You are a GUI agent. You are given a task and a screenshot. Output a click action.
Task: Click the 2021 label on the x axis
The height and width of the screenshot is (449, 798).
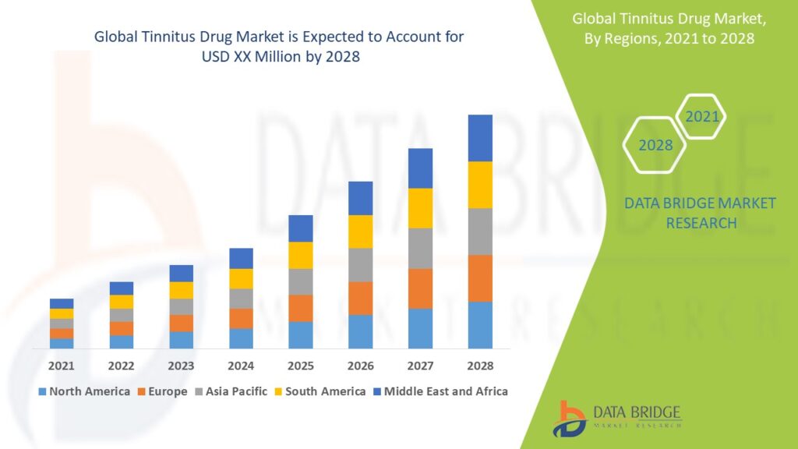coord(62,366)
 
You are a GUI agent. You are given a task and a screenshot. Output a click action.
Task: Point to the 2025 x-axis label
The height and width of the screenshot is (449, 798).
coord(301,366)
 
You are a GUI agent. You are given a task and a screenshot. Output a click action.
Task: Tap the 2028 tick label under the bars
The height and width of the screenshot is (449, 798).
coord(480,366)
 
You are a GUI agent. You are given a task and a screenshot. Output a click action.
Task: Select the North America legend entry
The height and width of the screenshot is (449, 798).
coord(83,391)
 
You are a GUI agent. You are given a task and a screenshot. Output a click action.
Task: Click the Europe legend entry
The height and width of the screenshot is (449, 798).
coord(162,391)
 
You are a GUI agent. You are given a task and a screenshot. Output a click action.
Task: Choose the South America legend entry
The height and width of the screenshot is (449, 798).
coord(320,391)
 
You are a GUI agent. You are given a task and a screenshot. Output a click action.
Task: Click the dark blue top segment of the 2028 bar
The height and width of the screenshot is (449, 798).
coord(480,138)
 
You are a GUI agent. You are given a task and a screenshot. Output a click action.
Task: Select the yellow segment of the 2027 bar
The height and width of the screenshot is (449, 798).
coord(420,208)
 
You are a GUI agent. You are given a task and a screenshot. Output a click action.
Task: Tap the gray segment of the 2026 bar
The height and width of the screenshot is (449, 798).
coord(360,265)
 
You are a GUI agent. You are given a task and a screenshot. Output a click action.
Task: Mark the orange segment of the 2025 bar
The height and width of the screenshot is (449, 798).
coord(301,308)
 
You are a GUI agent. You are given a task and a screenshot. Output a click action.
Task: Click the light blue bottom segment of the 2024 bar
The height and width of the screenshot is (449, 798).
coord(241,338)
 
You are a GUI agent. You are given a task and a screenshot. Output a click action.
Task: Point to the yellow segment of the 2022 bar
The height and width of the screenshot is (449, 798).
coord(122,302)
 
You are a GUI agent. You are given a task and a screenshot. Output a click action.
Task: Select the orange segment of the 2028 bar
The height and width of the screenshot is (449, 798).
coord(480,278)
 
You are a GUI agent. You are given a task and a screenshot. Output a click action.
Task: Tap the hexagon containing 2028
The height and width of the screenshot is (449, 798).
coord(655,146)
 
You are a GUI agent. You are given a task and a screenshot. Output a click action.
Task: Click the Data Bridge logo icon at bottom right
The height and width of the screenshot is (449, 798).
coord(571,419)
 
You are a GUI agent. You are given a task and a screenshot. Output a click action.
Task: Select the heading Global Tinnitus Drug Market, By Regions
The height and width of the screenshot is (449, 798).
coord(664,28)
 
